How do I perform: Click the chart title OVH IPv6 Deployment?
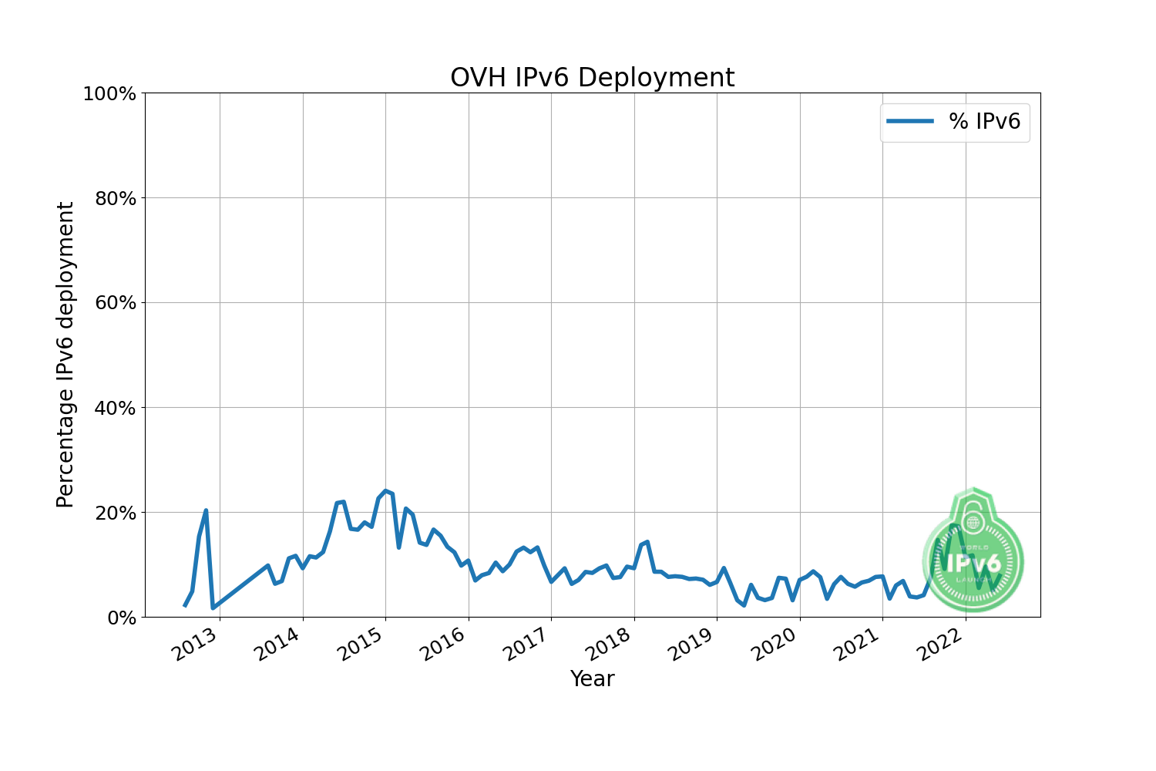pyautogui.click(x=592, y=78)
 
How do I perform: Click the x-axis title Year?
pyautogui.click(x=592, y=678)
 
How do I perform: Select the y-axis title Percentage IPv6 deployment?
pyautogui.click(x=66, y=355)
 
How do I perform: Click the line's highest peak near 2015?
pyautogui.click(x=385, y=490)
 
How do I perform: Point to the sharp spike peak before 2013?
pyautogui.click(x=206, y=510)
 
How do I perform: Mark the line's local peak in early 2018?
pyautogui.click(x=647, y=542)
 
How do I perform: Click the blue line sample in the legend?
pyautogui.click(x=910, y=121)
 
